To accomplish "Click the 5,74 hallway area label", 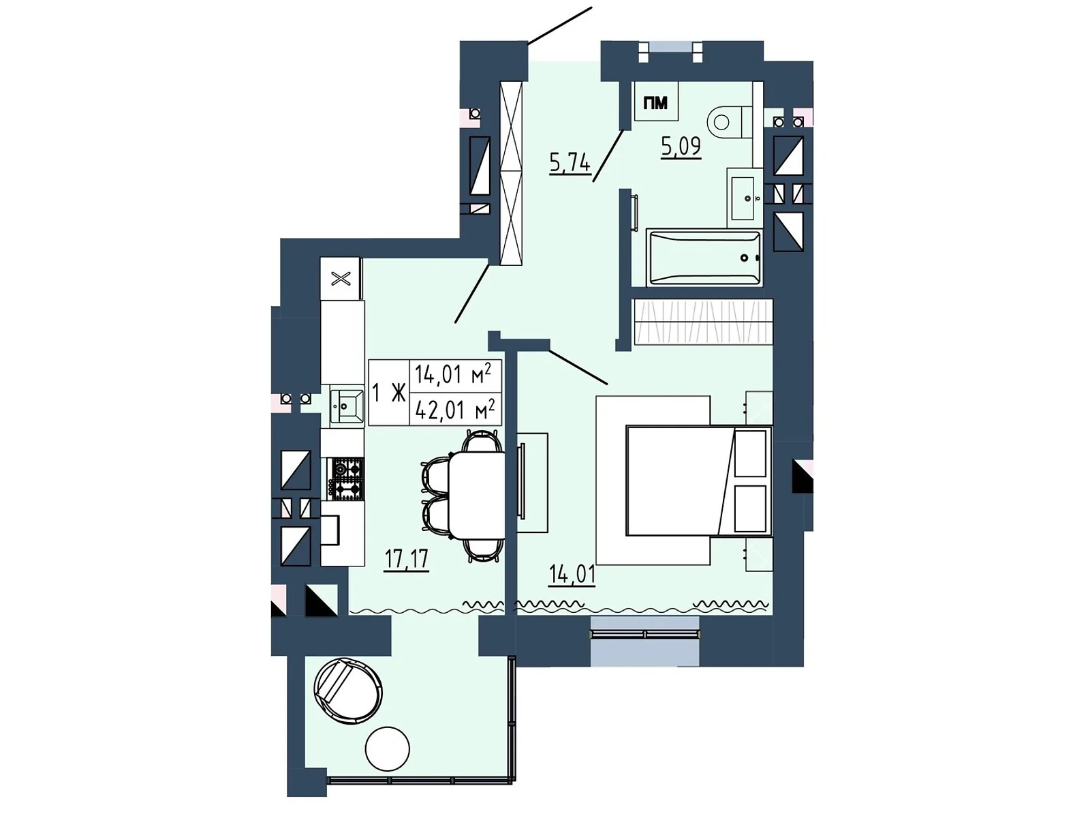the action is pos(570,163).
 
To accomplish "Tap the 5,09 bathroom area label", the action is pos(681,147).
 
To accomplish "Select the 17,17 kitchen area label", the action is pos(406,559).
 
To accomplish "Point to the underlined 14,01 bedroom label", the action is pos(572,575).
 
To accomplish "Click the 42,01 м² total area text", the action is pos(455,410).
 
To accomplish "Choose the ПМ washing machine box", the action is pos(656,102).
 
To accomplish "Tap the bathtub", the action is pos(704,258).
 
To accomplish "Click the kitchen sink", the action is pos(347,406).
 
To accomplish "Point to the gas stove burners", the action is pos(345,479).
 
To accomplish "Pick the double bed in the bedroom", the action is pos(699,481).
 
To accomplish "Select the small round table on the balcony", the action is pos(388,749).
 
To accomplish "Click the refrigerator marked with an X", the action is pos(341,278).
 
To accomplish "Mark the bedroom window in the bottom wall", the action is pos(644,634).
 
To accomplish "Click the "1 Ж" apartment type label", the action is pos(389,393).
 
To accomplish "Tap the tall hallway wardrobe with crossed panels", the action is pos(511,173).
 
